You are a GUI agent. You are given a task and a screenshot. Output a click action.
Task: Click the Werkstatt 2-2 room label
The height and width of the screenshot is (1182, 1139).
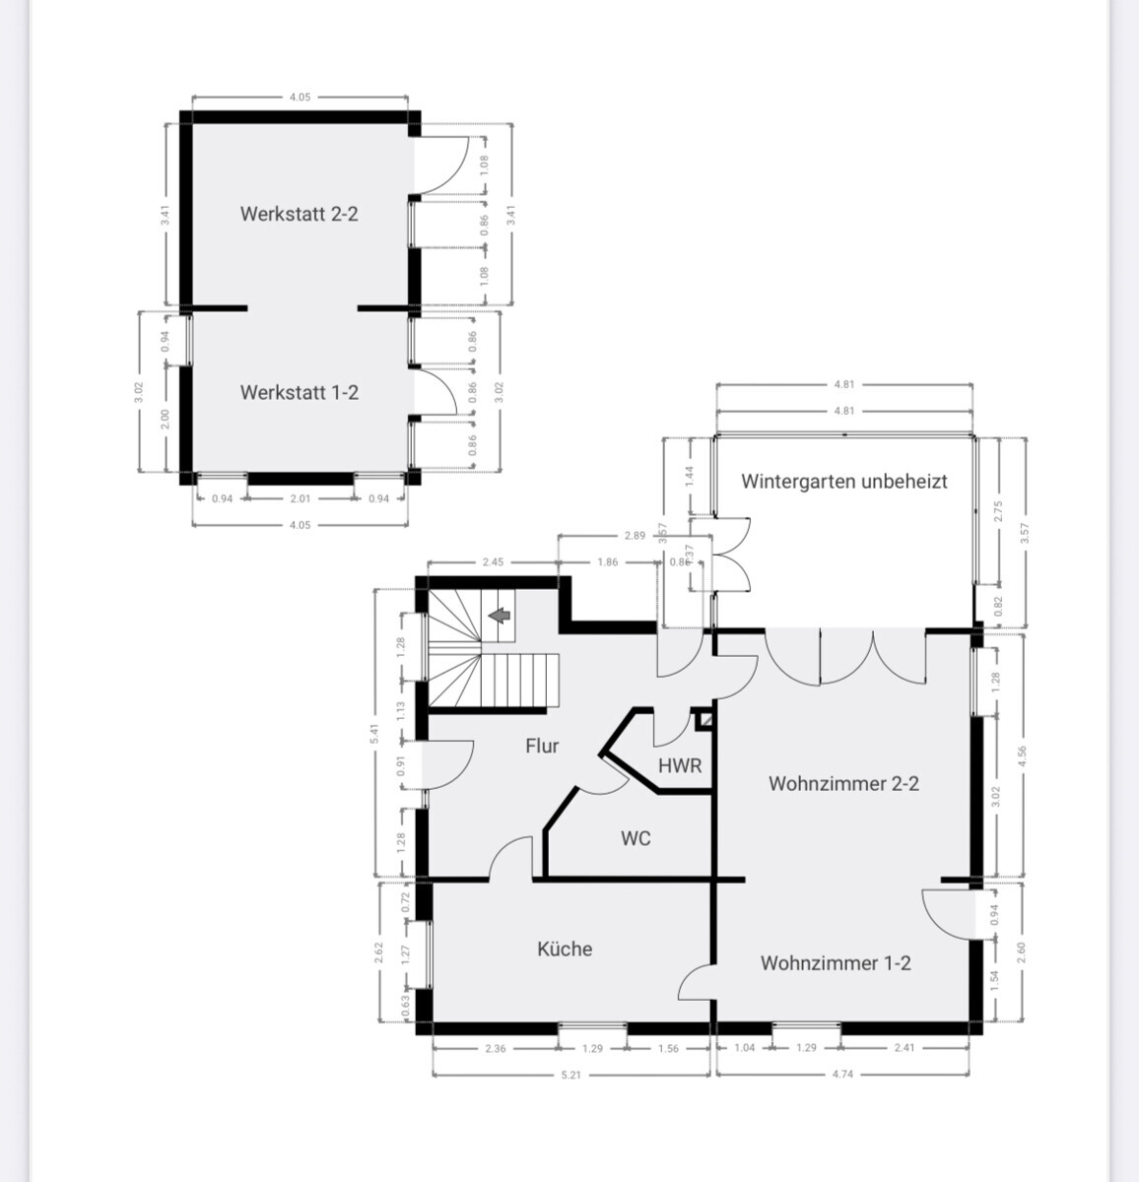point(299,214)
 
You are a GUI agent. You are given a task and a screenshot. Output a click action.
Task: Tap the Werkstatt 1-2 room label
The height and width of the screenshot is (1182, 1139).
point(299,392)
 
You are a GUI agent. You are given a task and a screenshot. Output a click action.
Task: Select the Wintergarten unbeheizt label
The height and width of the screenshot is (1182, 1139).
point(844,482)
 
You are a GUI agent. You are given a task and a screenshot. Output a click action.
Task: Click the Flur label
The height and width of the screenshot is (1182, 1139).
point(542,746)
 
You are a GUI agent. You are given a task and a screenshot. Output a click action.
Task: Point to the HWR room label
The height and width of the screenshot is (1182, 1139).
point(680,765)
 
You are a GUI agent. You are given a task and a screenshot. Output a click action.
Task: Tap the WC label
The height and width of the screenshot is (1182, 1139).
point(636,839)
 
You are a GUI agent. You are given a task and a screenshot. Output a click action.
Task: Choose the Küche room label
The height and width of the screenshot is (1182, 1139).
point(565,949)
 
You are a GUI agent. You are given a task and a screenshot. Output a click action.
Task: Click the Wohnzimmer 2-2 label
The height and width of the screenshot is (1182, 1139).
point(843,784)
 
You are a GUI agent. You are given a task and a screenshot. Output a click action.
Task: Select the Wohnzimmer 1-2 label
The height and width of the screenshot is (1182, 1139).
point(836,963)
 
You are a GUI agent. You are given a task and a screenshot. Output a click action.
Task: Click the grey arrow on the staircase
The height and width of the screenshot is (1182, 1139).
point(501,617)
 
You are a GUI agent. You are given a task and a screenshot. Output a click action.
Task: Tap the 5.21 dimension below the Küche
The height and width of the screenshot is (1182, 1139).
point(570,1075)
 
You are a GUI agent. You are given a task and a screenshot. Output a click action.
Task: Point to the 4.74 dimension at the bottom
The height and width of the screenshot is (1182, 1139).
point(842,1075)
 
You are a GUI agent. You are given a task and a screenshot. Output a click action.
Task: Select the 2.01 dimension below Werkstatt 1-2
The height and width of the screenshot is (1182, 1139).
point(301,498)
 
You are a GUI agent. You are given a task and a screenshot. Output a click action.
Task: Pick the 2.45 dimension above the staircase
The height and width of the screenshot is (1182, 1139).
point(493,562)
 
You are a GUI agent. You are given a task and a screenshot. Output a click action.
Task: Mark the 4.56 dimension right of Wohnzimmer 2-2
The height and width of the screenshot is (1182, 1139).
point(1023,755)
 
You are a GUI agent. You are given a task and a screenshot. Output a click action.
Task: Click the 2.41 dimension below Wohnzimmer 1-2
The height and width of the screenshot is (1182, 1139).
point(904,1048)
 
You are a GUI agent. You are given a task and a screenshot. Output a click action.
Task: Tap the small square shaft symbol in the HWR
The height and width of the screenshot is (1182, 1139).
point(703,720)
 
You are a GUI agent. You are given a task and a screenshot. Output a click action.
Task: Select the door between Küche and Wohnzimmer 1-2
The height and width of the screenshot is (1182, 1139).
point(696,981)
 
